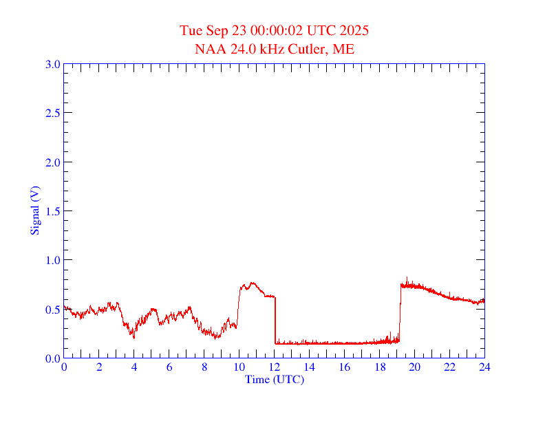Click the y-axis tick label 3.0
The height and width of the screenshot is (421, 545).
pyautogui.click(x=52, y=64)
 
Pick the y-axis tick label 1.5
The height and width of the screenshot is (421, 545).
pyautogui.click(x=52, y=211)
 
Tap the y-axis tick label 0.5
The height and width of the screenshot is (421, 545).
pyautogui.click(x=52, y=310)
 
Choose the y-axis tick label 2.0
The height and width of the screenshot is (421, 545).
pyautogui.click(x=52, y=162)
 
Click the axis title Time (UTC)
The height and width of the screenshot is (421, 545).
pyautogui.click(x=275, y=379)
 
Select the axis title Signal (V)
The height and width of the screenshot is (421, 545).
pyautogui.click(x=34, y=210)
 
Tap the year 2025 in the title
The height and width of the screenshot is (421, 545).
pyautogui.click(x=355, y=31)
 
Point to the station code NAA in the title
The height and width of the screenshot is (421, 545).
pyautogui.click(x=209, y=49)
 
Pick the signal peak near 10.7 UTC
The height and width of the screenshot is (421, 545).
pyautogui.click(x=252, y=282)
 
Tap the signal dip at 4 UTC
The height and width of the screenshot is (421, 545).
pyautogui.click(x=133, y=337)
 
